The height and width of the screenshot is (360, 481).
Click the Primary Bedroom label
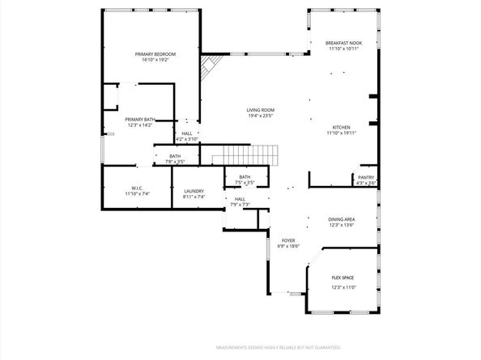point(155,54)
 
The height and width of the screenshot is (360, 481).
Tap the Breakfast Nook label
point(343,43)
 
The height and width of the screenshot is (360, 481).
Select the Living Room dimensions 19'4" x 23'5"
point(261,116)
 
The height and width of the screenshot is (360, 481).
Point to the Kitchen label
point(342,127)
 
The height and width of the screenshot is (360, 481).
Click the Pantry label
point(366,176)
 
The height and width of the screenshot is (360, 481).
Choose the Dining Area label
point(342,219)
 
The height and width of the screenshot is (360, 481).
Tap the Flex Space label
point(343,277)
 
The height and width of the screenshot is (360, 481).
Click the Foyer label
point(287,240)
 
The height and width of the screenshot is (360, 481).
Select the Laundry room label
point(194,191)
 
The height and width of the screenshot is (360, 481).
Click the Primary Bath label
point(138,120)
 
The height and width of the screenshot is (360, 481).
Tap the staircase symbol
point(245,154)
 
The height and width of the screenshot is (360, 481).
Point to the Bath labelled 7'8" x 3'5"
point(175,159)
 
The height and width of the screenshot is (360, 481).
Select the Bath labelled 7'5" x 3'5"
point(244,180)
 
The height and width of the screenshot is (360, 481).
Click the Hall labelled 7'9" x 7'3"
point(240,201)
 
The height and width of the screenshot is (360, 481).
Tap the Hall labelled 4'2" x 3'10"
point(187,136)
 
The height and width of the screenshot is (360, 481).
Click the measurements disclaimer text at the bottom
point(278,348)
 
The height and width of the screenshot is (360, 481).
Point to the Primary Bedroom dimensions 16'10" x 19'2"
point(155,60)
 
